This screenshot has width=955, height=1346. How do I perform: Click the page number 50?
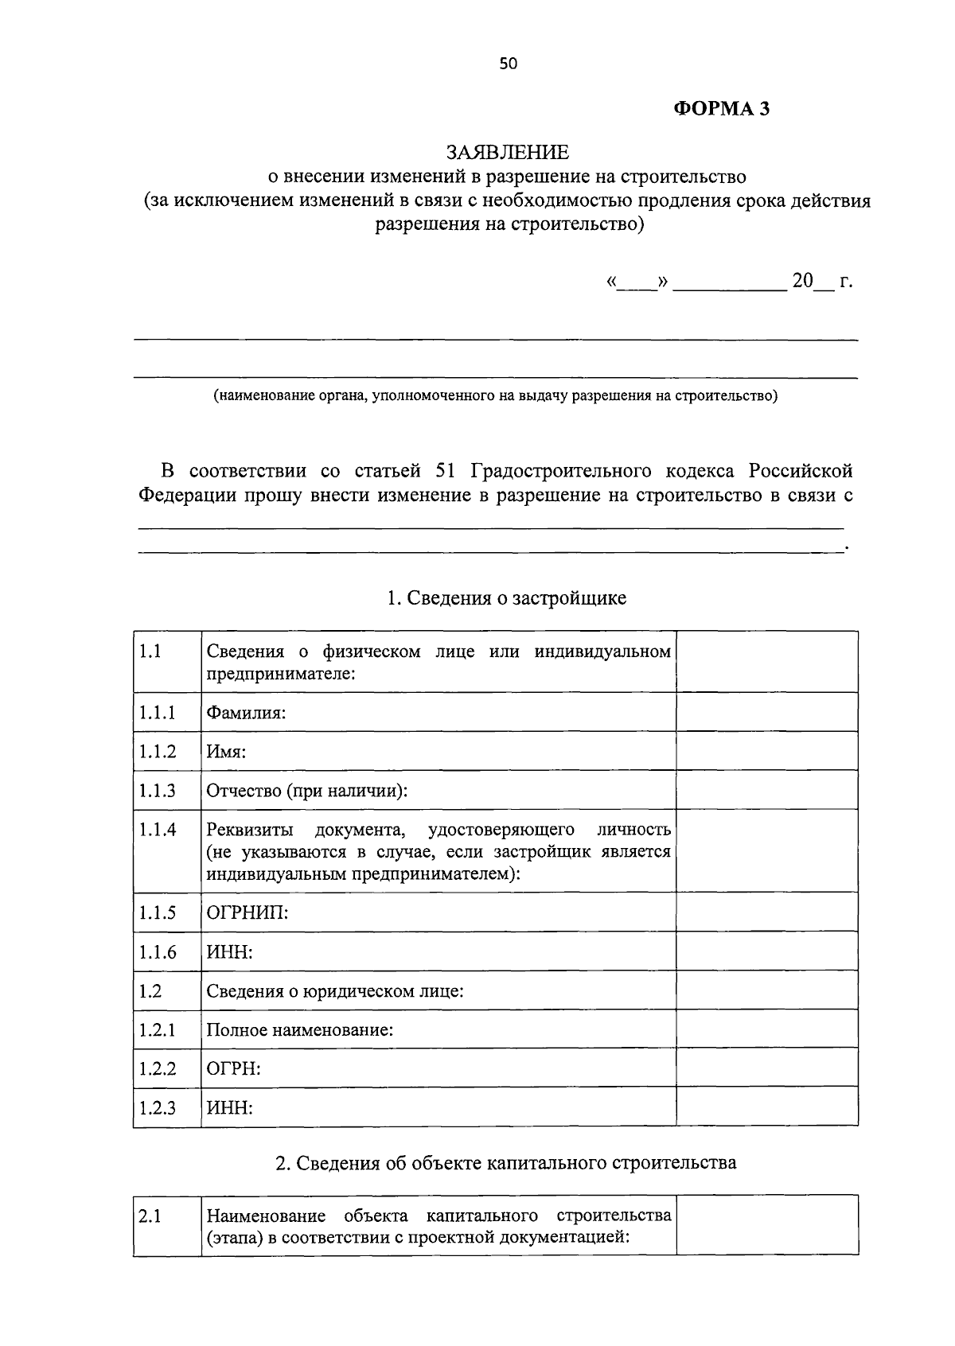coord(508,64)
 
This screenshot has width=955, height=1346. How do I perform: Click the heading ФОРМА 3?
coord(722,109)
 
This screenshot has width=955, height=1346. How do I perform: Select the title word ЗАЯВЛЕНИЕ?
coord(508,152)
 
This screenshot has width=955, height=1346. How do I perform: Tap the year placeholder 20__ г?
coord(821,281)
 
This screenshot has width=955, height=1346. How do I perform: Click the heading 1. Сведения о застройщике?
coord(506,598)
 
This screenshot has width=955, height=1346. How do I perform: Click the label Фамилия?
coord(246,713)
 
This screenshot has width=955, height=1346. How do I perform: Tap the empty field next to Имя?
coord(766,751)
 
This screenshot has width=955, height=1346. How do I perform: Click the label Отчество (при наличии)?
coord(306,791)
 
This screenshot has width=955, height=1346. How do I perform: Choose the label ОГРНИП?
coord(248,912)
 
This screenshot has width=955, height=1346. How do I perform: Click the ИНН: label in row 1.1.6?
coord(230,952)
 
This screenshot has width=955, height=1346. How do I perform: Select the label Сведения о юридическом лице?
coord(335,991)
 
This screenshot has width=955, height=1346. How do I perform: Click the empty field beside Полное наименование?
coord(766,1029)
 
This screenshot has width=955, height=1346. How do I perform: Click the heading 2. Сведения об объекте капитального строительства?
coord(505,1163)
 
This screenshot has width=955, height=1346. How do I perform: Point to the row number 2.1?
coord(150,1216)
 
